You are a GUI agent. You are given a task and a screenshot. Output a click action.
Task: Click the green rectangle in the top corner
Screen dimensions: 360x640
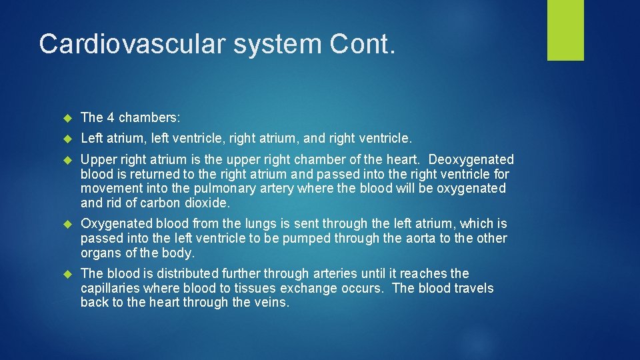click(x=565, y=30)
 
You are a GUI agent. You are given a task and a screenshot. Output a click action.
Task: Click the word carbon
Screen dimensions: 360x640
click(x=160, y=203)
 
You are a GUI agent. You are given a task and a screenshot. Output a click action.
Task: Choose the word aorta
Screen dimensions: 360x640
click(x=421, y=238)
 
